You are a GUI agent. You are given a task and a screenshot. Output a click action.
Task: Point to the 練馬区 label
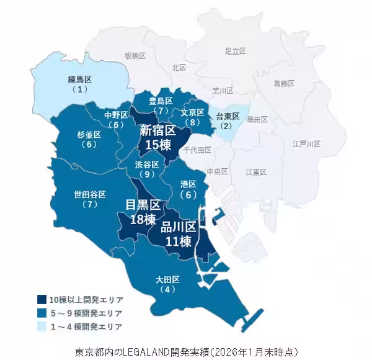pyautogui.click(x=79, y=79)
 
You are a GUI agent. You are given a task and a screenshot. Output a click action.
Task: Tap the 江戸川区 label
pyautogui.click(x=306, y=144)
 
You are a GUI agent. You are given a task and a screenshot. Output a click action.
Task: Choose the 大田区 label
pyautogui.click(x=167, y=279)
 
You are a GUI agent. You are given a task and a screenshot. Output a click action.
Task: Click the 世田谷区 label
pyautogui.click(x=90, y=195)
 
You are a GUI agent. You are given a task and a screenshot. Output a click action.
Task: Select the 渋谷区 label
pyautogui.click(x=147, y=164)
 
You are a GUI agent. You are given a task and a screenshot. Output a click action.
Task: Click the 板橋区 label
pyautogui.click(x=135, y=56)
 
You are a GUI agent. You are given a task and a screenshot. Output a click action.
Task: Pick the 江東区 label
pyautogui.click(x=255, y=171)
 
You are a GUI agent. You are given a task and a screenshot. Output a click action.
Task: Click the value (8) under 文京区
pyautogui.click(x=193, y=122)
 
